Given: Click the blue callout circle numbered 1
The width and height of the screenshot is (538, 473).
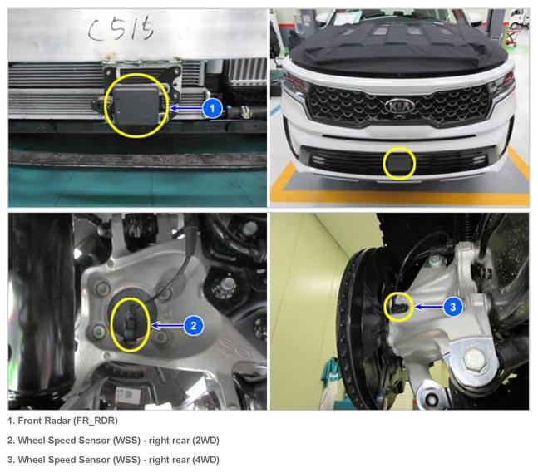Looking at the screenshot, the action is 212,109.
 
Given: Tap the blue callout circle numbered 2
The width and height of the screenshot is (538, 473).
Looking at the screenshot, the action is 194,326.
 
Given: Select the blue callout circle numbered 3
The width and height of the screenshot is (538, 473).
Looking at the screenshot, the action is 453,307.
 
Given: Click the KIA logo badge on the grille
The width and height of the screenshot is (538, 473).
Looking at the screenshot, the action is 399,106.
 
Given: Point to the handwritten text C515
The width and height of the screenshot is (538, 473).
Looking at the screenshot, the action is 121,29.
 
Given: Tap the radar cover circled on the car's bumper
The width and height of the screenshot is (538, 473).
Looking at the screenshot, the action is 399,164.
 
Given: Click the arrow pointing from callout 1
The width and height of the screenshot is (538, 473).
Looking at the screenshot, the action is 185,109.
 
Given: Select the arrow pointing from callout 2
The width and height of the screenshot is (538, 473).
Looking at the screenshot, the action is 167,326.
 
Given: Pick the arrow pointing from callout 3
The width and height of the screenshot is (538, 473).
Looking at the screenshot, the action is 428,307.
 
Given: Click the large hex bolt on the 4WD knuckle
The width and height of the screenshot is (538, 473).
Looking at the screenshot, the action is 475,359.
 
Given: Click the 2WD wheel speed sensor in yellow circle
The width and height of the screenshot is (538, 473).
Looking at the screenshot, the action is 130,324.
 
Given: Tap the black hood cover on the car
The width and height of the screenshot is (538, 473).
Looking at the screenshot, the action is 399,46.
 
